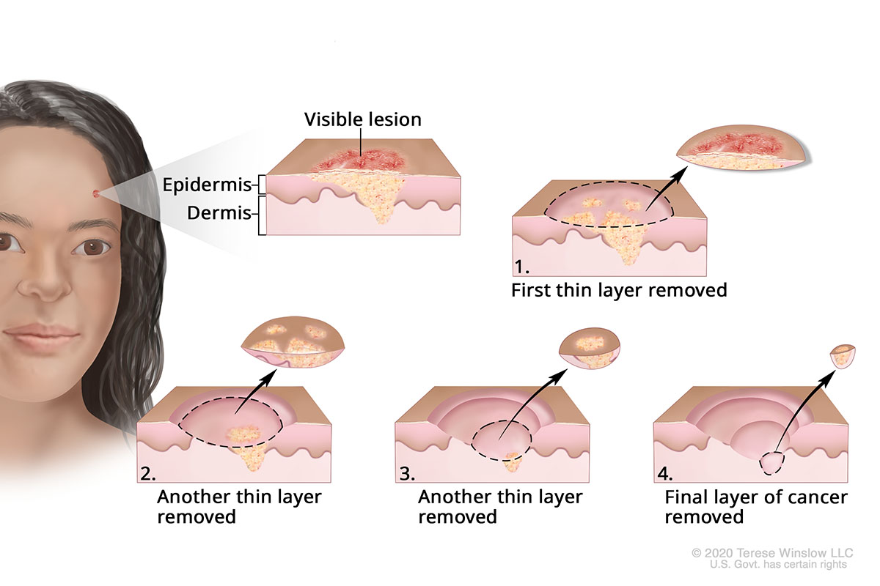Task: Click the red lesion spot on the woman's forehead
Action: pos(97,193)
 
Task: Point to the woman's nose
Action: pos(44,282)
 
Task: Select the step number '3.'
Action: pos(406,472)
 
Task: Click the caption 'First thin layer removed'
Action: pos(619,290)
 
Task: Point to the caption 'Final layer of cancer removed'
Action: pos(755,507)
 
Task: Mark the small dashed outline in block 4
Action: pos(771,463)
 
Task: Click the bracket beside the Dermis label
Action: pos(261,214)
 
